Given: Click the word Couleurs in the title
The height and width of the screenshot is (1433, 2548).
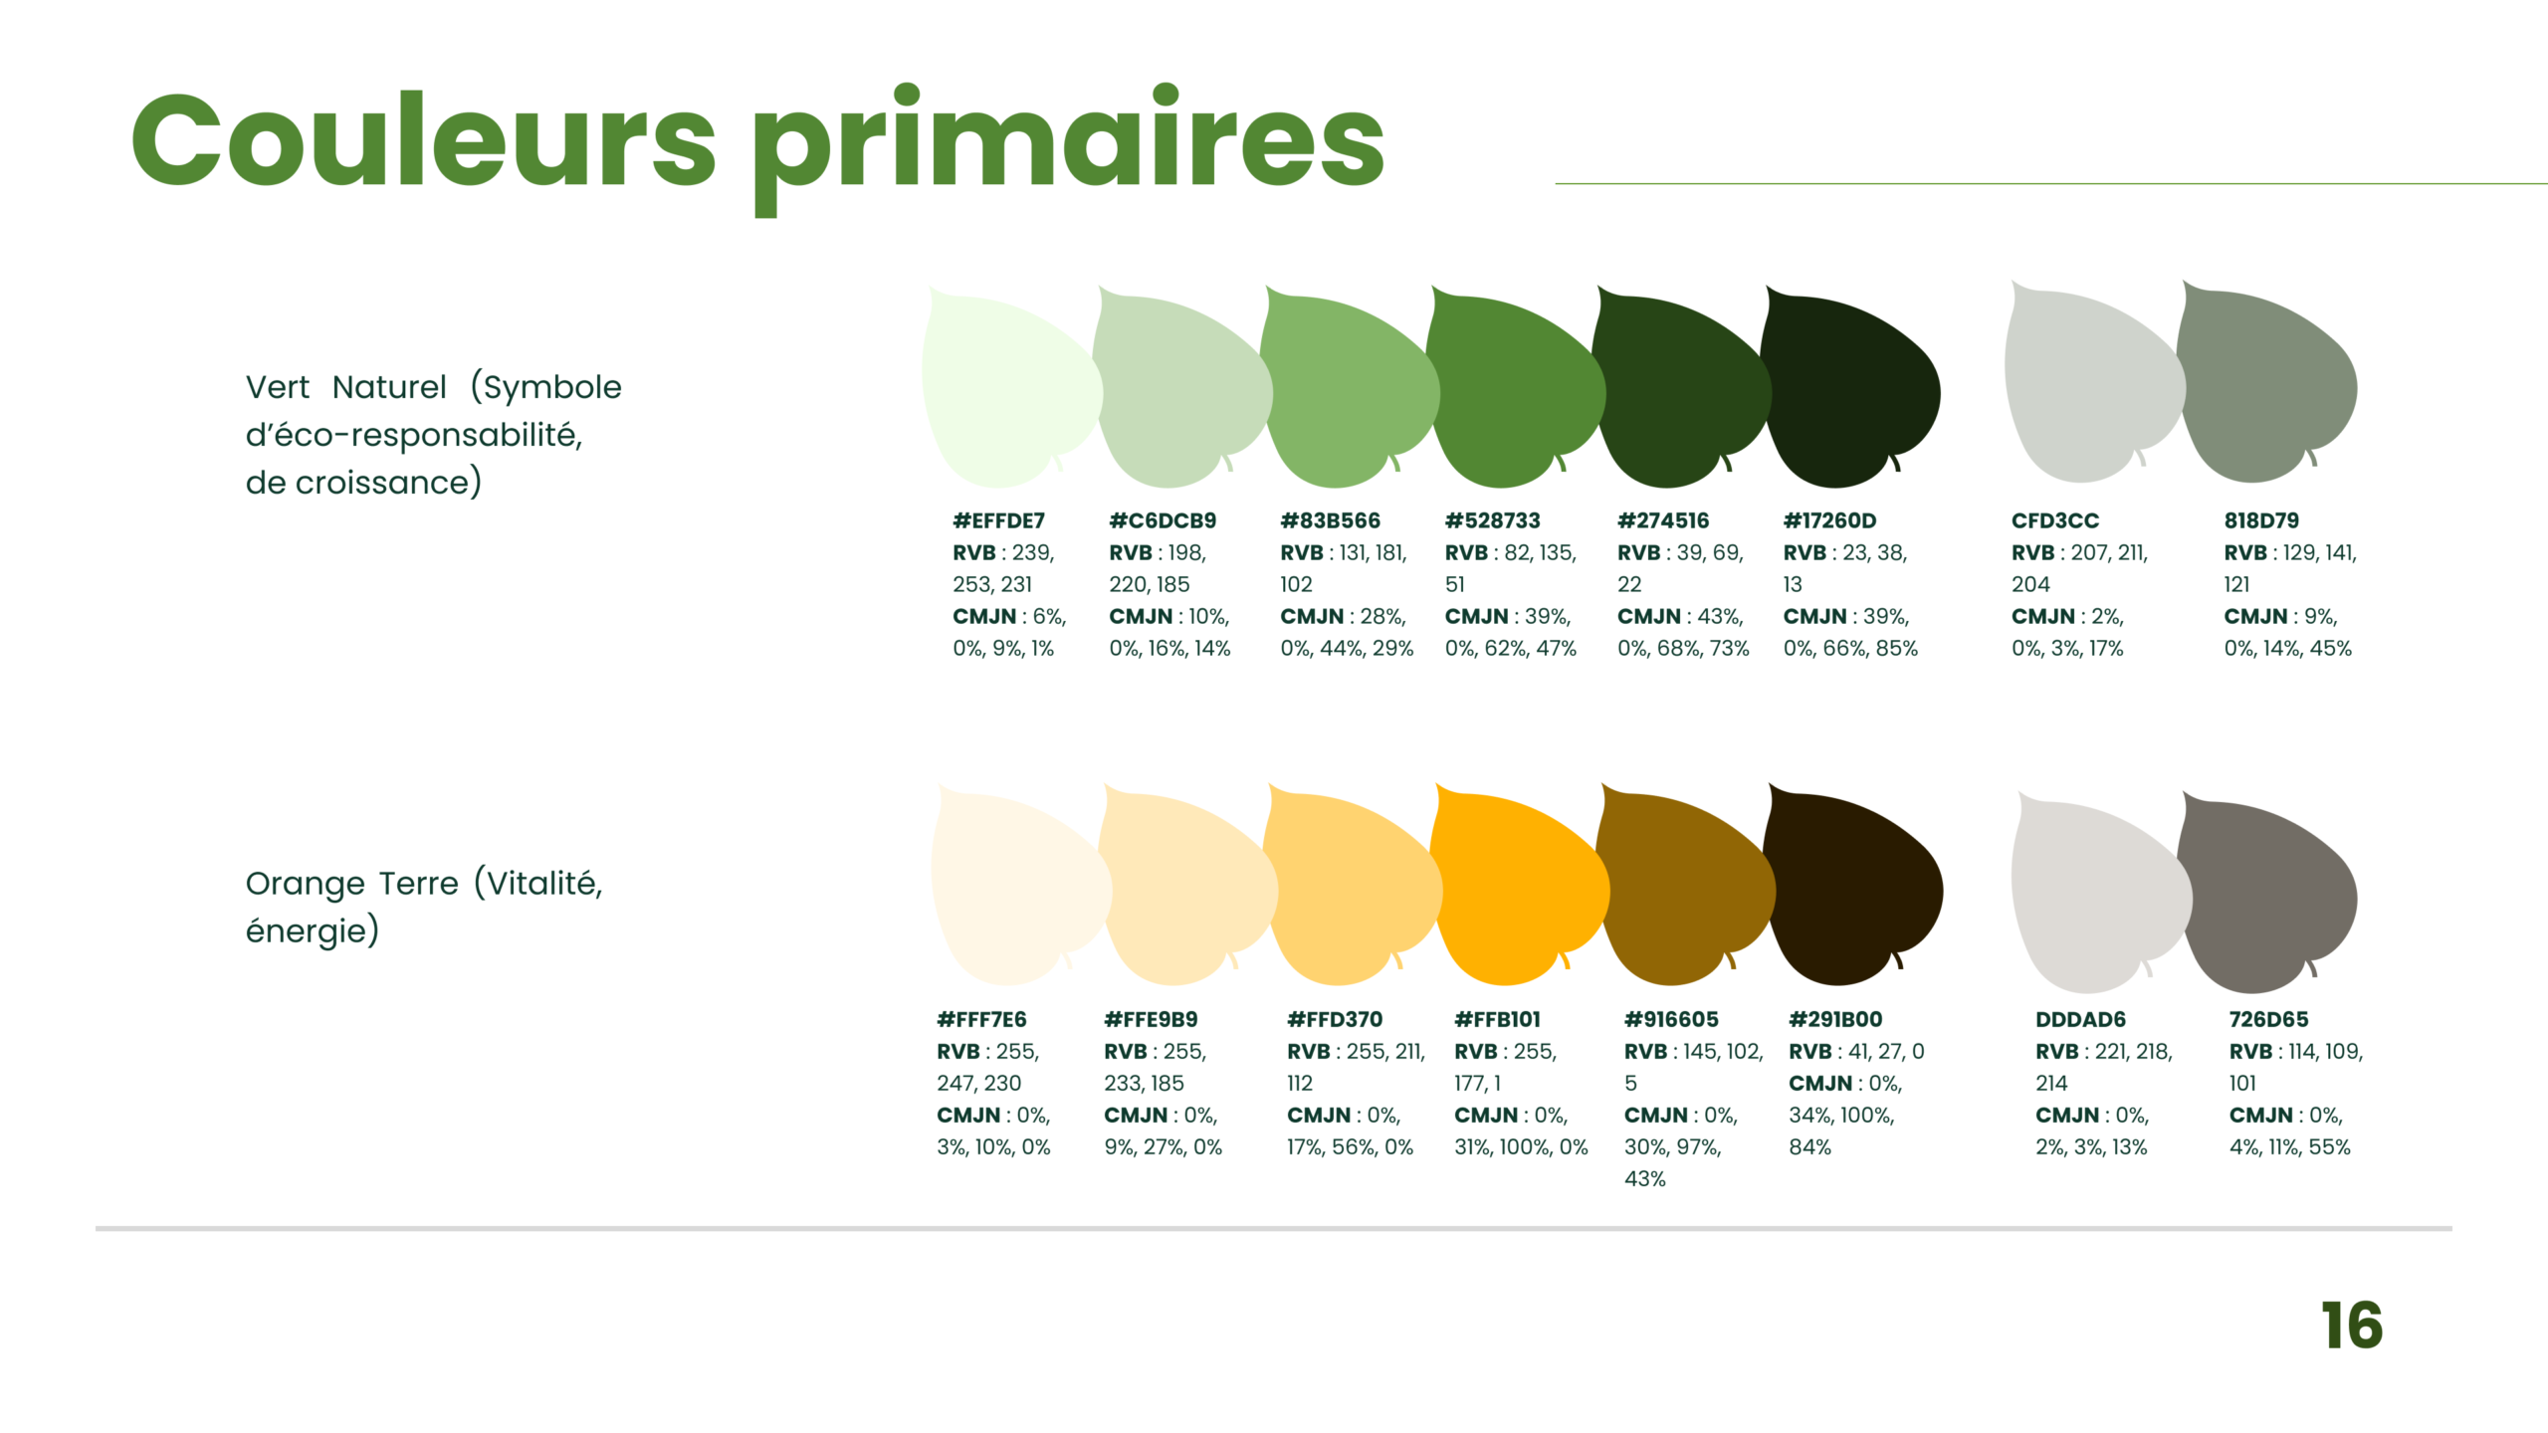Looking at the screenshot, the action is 424,139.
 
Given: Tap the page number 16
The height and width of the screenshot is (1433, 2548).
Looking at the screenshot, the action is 2352,1326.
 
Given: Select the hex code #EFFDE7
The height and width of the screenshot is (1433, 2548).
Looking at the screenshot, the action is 998,520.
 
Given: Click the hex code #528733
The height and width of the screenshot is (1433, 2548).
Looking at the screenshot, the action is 1492,520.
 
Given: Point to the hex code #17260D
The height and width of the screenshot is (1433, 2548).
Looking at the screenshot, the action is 1829,520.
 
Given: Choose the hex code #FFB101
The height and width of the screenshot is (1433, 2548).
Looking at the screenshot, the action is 1497,1019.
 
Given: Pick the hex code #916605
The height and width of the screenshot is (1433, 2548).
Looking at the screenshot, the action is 1671,1019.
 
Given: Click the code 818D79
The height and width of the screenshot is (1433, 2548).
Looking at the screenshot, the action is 2261,520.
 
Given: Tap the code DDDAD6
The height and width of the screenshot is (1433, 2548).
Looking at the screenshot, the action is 2080,1019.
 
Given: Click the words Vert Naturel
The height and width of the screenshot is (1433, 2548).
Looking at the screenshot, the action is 346,387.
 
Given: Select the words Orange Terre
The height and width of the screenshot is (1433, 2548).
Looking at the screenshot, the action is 352,884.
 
